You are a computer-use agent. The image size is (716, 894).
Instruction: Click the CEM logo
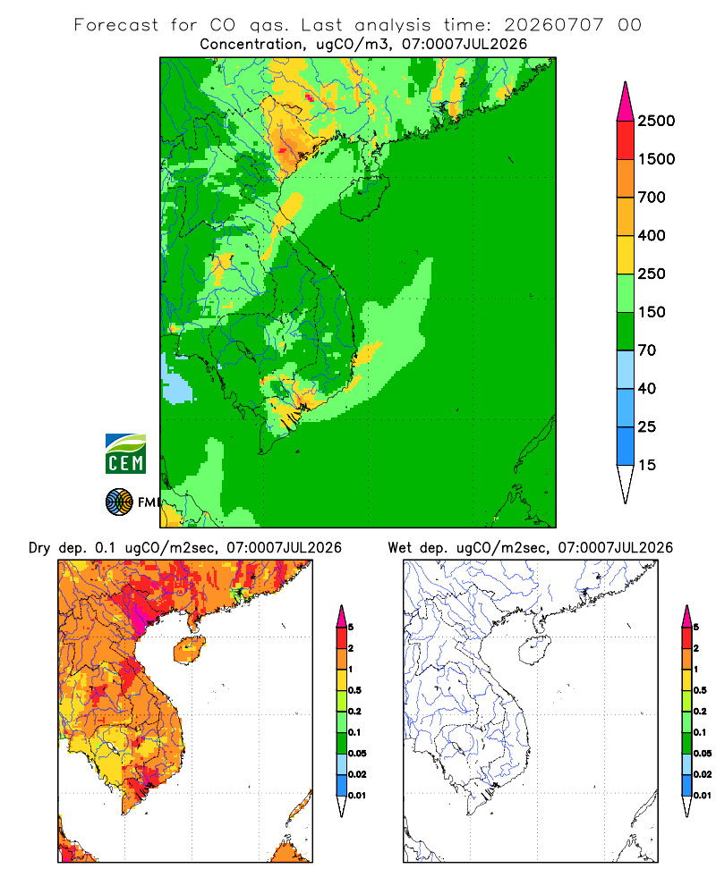point(125,453)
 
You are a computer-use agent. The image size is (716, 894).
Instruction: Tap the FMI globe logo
point(119,502)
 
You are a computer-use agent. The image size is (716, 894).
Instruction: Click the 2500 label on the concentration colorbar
point(656,121)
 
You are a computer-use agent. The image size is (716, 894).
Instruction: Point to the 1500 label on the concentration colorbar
point(656,159)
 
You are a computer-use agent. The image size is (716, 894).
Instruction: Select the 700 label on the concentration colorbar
point(652,198)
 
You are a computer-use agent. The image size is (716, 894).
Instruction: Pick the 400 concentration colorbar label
point(652,235)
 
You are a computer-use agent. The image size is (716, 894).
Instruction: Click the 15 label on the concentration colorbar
point(647,465)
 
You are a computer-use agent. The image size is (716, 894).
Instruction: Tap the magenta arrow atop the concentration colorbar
point(626,103)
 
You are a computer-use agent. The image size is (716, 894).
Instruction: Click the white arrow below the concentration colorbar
point(626,484)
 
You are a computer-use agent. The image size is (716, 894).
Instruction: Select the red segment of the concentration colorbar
point(626,140)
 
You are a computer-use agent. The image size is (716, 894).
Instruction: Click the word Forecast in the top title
point(116,25)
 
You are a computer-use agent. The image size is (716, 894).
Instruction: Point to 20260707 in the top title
point(553,25)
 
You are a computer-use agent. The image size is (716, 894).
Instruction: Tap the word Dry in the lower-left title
point(39,548)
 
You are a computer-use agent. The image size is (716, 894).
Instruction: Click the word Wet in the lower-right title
point(400,548)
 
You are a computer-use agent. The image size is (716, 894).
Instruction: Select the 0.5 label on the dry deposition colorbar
point(354,690)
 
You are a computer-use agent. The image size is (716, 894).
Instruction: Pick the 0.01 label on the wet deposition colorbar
point(703,796)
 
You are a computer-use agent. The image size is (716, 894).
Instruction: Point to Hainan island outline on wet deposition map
point(534,650)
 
